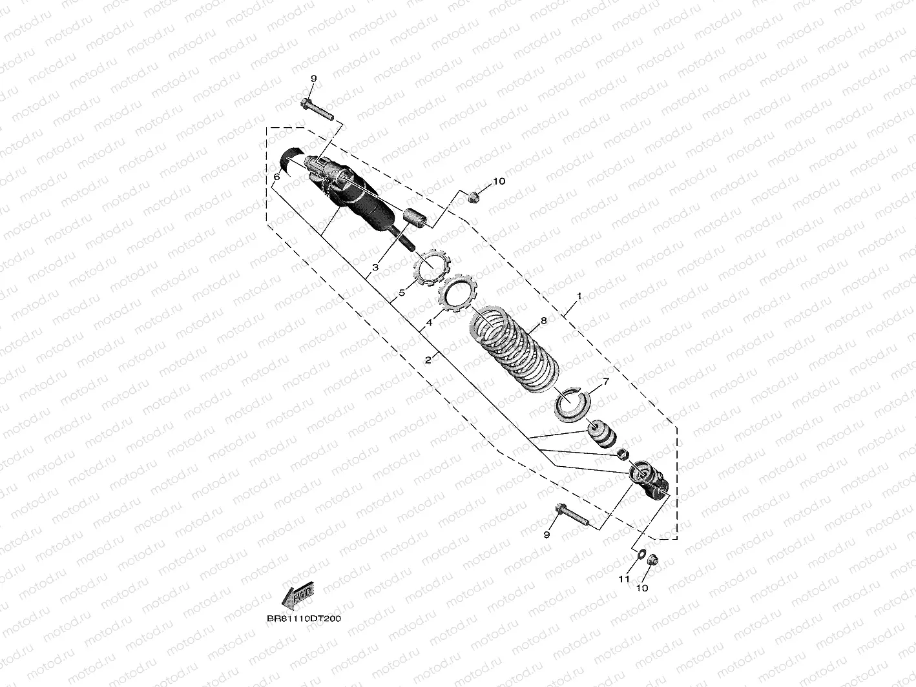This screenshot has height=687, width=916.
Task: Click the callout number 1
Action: pos(579,296)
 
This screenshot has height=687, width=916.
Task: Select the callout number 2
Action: pos(428,360)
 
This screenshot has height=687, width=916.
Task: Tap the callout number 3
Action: pos(375,267)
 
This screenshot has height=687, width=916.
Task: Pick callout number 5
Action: pos(402,292)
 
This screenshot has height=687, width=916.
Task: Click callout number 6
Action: pos(276,176)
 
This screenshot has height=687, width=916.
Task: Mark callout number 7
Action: pos(605,382)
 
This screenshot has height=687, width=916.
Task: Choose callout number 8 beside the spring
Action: pos(543,320)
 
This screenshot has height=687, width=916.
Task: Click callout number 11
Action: pos(624,579)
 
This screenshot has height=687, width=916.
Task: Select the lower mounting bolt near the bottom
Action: pos(572,516)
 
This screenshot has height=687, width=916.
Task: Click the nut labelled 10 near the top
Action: pos(473,195)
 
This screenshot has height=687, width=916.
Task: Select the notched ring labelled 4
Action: pos(458,292)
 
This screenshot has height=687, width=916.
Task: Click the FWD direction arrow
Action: pos(297,594)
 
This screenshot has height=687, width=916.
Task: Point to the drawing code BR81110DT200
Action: pos(304,618)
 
